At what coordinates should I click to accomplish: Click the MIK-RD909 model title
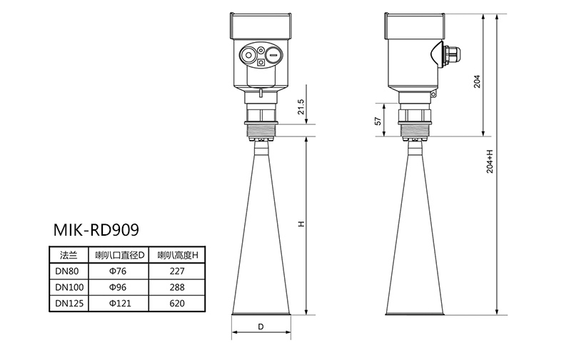pyautogui.click(x=96, y=230)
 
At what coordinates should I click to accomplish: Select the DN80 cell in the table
pyautogui.click(x=67, y=271)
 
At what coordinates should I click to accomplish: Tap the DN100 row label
pyautogui.click(x=69, y=287)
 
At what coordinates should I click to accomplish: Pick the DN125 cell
pyautogui.click(x=69, y=303)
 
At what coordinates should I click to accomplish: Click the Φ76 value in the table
pyautogui.click(x=118, y=271)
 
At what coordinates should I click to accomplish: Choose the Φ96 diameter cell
pyautogui.click(x=118, y=287)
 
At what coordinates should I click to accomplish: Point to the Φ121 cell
pyautogui.click(x=120, y=303)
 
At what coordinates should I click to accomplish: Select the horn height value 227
pyautogui.click(x=177, y=271)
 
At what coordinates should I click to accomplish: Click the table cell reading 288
pyautogui.click(x=177, y=287)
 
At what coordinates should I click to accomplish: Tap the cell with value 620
pyautogui.click(x=177, y=303)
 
